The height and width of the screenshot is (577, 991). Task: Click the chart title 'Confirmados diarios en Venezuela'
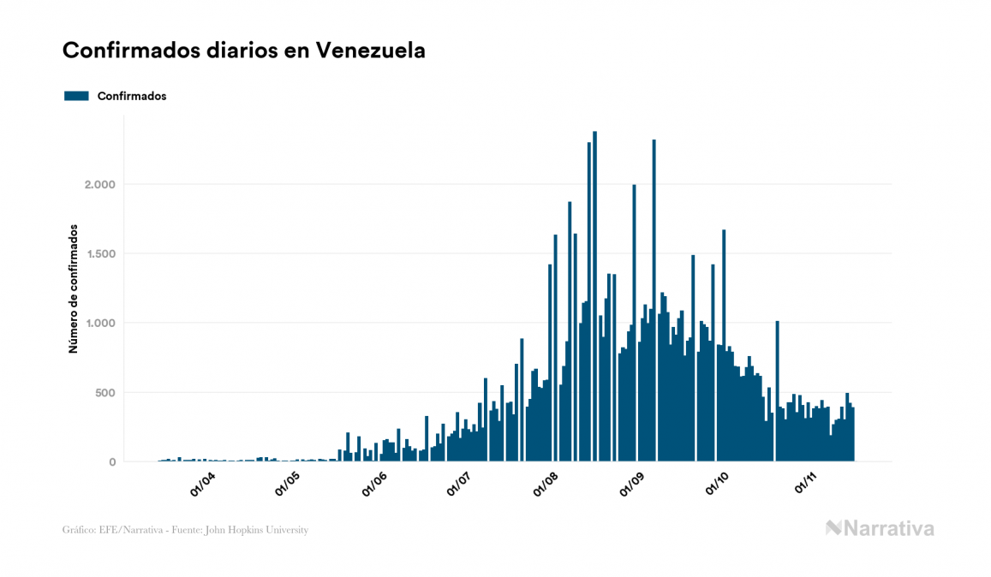pyautogui.click(x=244, y=51)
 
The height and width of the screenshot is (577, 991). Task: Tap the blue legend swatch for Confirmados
pyautogui.click(x=76, y=96)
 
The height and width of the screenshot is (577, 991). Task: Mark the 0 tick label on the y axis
pyautogui.click(x=111, y=462)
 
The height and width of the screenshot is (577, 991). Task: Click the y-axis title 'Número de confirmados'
pyautogui.click(x=74, y=289)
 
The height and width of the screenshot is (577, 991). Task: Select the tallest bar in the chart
pyautogui.click(x=594, y=300)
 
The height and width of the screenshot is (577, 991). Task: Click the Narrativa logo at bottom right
pyautogui.click(x=880, y=528)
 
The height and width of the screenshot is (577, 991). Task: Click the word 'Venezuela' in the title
pyautogui.click(x=371, y=51)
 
